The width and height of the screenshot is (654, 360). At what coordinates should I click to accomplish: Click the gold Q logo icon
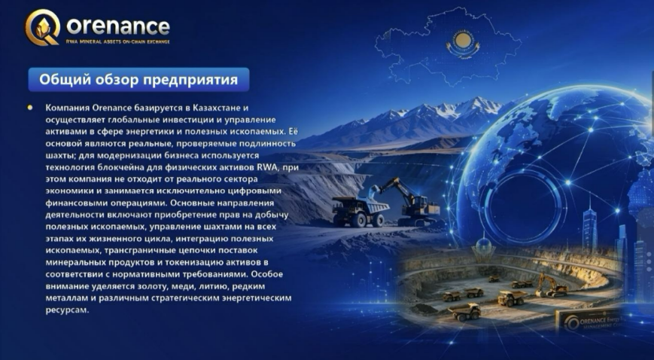pos(41,27)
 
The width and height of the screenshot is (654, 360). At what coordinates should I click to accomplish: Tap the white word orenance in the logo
pos(118,26)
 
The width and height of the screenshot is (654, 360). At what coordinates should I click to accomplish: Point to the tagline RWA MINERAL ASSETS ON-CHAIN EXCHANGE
pos(118,41)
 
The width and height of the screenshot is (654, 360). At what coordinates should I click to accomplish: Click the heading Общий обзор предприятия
pos(138,79)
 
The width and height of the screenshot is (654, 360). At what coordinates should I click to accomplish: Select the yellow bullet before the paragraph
pos(29,108)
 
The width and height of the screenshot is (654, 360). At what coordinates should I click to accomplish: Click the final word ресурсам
pos(67,311)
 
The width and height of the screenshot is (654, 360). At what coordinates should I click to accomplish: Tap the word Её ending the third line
pos(294,131)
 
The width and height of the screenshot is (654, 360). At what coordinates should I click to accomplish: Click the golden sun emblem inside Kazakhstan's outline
pos(463,41)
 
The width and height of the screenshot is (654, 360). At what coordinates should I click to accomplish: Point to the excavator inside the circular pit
pos(551,285)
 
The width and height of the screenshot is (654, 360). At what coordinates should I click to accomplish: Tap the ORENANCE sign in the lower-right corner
pos(588,321)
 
